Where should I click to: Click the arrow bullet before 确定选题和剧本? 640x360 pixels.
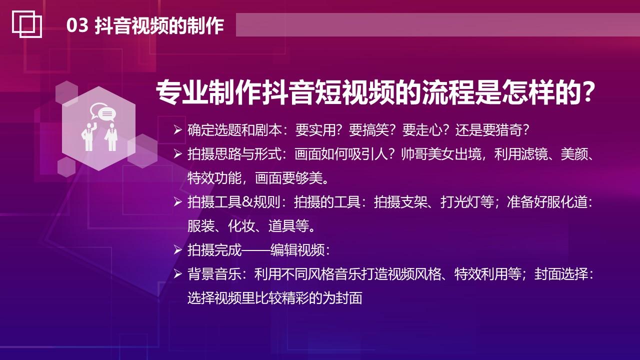177,130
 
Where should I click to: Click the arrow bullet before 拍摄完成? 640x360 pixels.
177,249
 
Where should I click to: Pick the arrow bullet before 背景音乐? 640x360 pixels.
177,274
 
